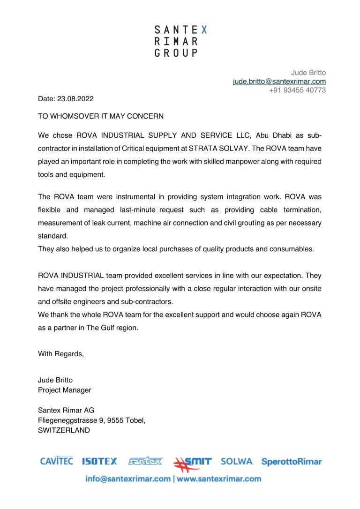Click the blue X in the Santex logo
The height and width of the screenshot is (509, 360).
pyautogui.click(x=203, y=30)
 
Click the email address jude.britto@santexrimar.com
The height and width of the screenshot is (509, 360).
pyautogui.click(x=279, y=81)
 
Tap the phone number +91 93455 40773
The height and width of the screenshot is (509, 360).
pyautogui.click(x=297, y=90)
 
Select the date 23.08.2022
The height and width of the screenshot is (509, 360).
pyautogui.click(x=75, y=99)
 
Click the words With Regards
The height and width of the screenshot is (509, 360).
pyautogui.click(x=61, y=354)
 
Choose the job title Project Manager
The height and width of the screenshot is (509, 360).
pyautogui.click(x=65, y=390)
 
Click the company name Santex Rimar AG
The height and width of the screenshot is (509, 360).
pyautogui.click(x=66, y=410)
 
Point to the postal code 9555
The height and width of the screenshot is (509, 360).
pyautogui.click(x=115, y=420)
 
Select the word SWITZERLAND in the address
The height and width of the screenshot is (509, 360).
pyautogui.click(x=64, y=430)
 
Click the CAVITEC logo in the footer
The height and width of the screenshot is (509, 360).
pyautogui.click(x=56, y=462)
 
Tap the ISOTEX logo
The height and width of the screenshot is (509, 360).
pyautogui.click(x=99, y=462)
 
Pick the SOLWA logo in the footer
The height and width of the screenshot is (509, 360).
pyautogui.click(x=236, y=462)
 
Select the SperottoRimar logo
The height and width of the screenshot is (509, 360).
pyautogui.click(x=292, y=462)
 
